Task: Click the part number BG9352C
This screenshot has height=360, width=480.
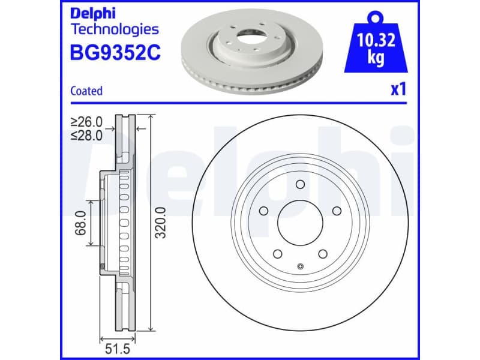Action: point(116,53)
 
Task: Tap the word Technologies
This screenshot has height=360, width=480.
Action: point(115,29)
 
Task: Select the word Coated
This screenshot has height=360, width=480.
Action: point(86,91)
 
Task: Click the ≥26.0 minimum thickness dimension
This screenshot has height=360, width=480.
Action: point(86,122)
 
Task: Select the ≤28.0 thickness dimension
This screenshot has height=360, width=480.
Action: point(86,135)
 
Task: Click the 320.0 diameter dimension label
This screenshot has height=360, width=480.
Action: point(161,223)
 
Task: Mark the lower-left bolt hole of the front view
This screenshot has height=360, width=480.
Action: point(278,253)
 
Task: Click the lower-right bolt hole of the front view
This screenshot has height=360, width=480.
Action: point(322,253)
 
